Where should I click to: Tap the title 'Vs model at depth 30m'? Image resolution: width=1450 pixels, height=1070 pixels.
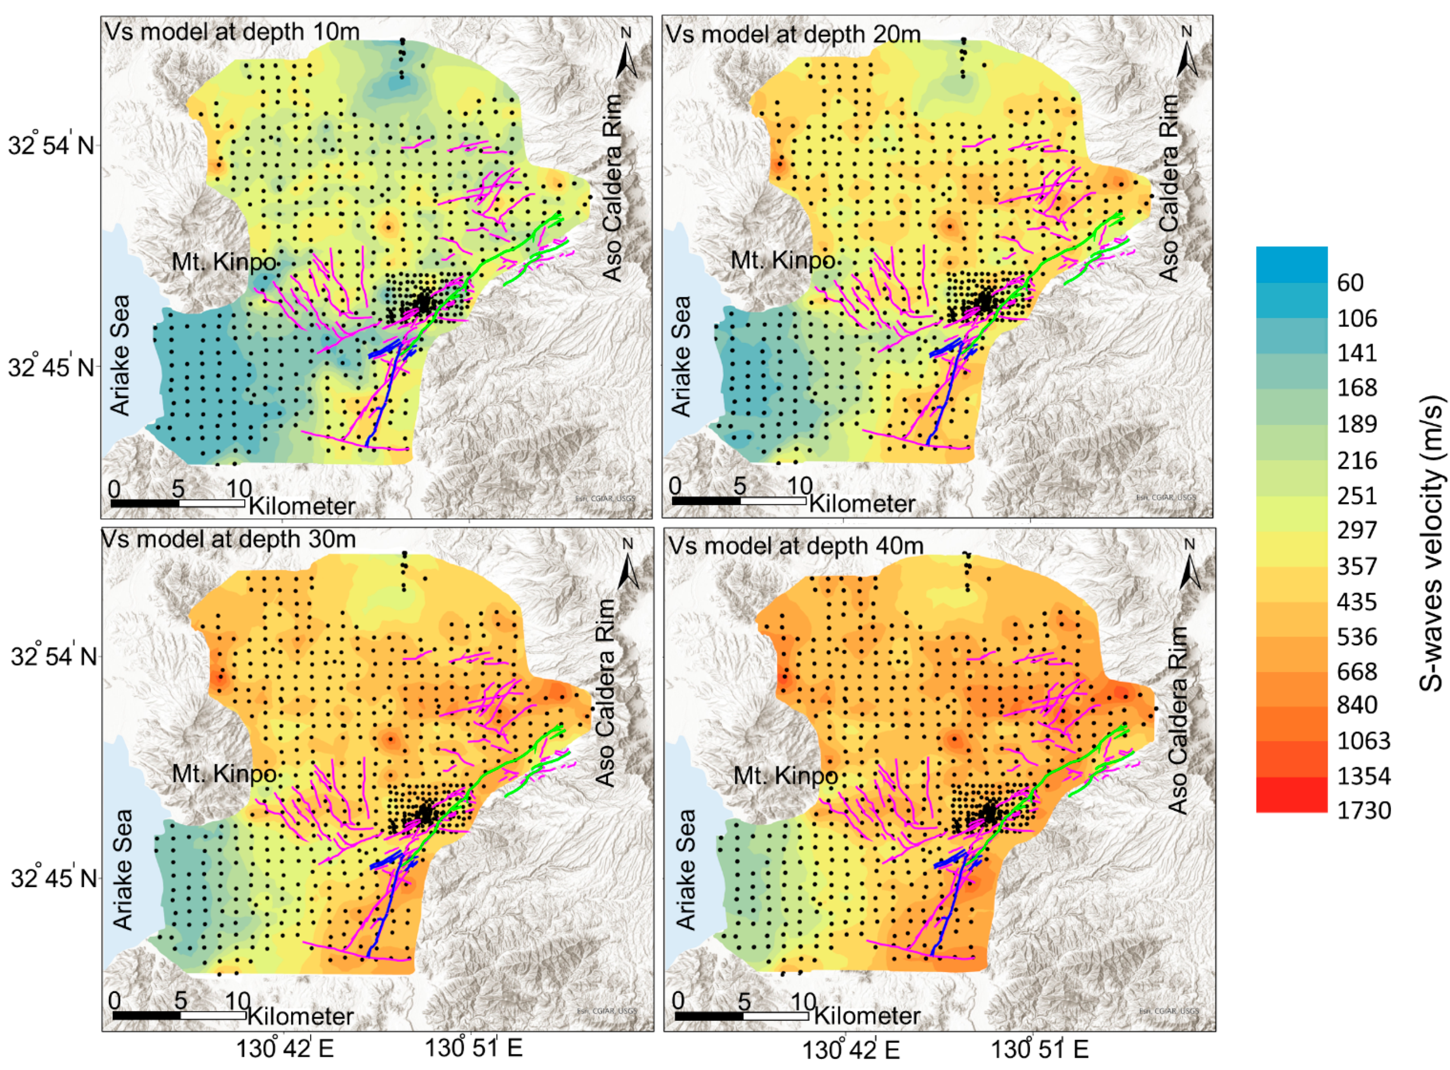pyautogui.click(x=229, y=539)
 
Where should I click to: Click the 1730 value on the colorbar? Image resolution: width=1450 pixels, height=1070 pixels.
pyautogui.click(x=1364, y=810)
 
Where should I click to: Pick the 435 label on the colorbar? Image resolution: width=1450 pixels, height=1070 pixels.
pyautogui.click(x=1357, y=602)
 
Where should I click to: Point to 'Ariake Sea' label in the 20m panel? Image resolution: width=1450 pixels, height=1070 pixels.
pyautogui.click(x=681, y=356)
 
